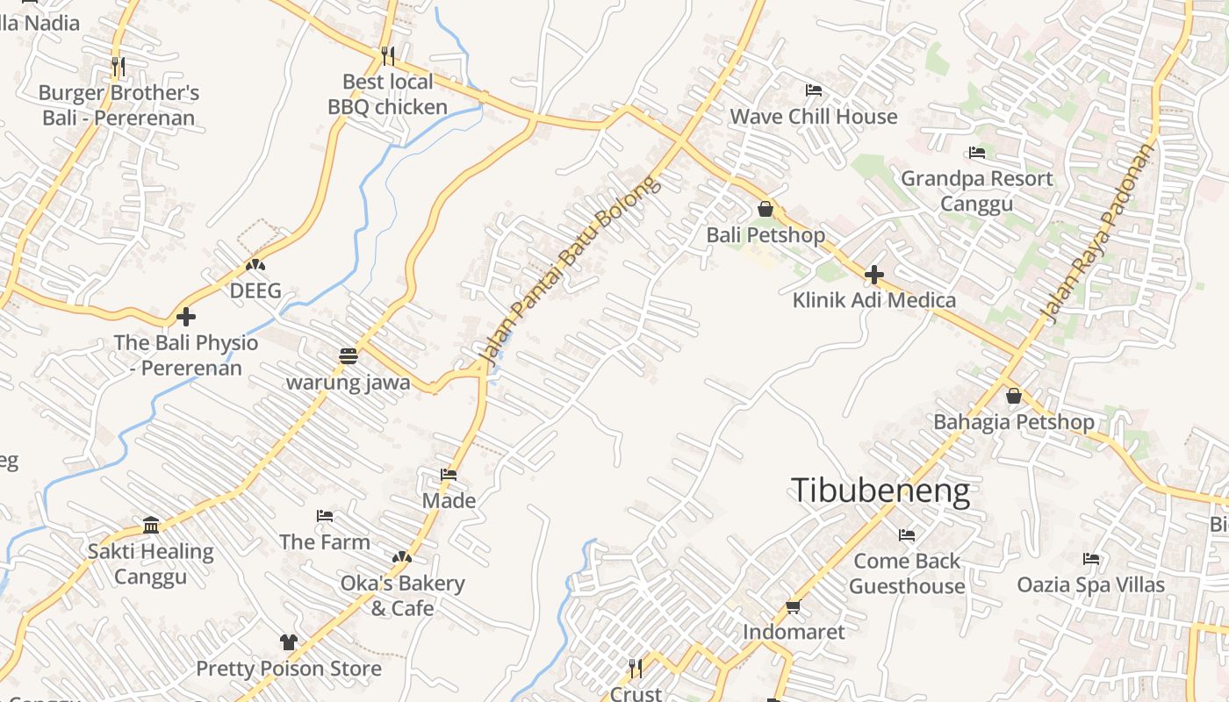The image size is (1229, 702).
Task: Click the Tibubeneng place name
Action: [880, 491]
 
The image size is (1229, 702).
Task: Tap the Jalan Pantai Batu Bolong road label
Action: [568, 270]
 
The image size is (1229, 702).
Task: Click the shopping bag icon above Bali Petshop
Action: [765, 209]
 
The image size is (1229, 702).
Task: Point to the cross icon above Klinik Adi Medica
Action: [873, 275]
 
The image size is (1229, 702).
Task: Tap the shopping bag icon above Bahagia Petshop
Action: [1014, 396]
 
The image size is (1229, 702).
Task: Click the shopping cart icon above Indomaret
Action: [794, 606]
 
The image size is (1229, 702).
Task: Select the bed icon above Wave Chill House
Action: [814, 90]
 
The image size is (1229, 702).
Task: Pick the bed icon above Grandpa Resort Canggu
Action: [977, 153]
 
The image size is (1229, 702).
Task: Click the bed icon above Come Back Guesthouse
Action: [907, 534]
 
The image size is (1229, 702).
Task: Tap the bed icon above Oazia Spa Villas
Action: [1091, 559]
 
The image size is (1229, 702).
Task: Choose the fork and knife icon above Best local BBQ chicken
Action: [387, 56]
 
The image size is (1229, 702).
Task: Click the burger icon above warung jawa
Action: [349, 356]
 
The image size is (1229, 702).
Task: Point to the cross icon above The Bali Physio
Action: [186, 317]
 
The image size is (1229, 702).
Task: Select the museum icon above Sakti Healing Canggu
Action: [151, 526]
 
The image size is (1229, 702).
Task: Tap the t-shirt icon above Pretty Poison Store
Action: [289, 642]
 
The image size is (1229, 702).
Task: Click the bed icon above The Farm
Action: [325, 516]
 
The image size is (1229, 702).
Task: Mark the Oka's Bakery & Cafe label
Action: [403, 595]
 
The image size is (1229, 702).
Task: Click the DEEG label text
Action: [255, 290]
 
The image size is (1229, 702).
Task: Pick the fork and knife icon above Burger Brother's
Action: [119, 66]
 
